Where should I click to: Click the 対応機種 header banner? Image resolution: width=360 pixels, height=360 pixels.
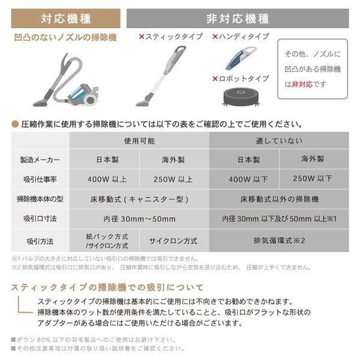tap(66, 18)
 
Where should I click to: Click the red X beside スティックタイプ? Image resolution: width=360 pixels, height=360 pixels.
tap(142, 37)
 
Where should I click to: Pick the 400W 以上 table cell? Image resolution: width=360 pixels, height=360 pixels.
tap(104, 179)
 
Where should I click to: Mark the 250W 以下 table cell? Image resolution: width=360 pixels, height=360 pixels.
tap(312, 178)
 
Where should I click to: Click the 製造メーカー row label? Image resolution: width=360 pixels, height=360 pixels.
tap(40, 160)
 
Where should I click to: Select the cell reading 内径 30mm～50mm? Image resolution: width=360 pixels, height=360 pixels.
tap(139, 218)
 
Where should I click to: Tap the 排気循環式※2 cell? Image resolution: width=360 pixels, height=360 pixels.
tap(278, 240)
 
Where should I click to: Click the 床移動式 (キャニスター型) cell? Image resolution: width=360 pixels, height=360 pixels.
tap(139, 199)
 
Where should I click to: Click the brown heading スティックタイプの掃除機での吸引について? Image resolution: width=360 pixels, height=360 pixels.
tap(107, 287)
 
